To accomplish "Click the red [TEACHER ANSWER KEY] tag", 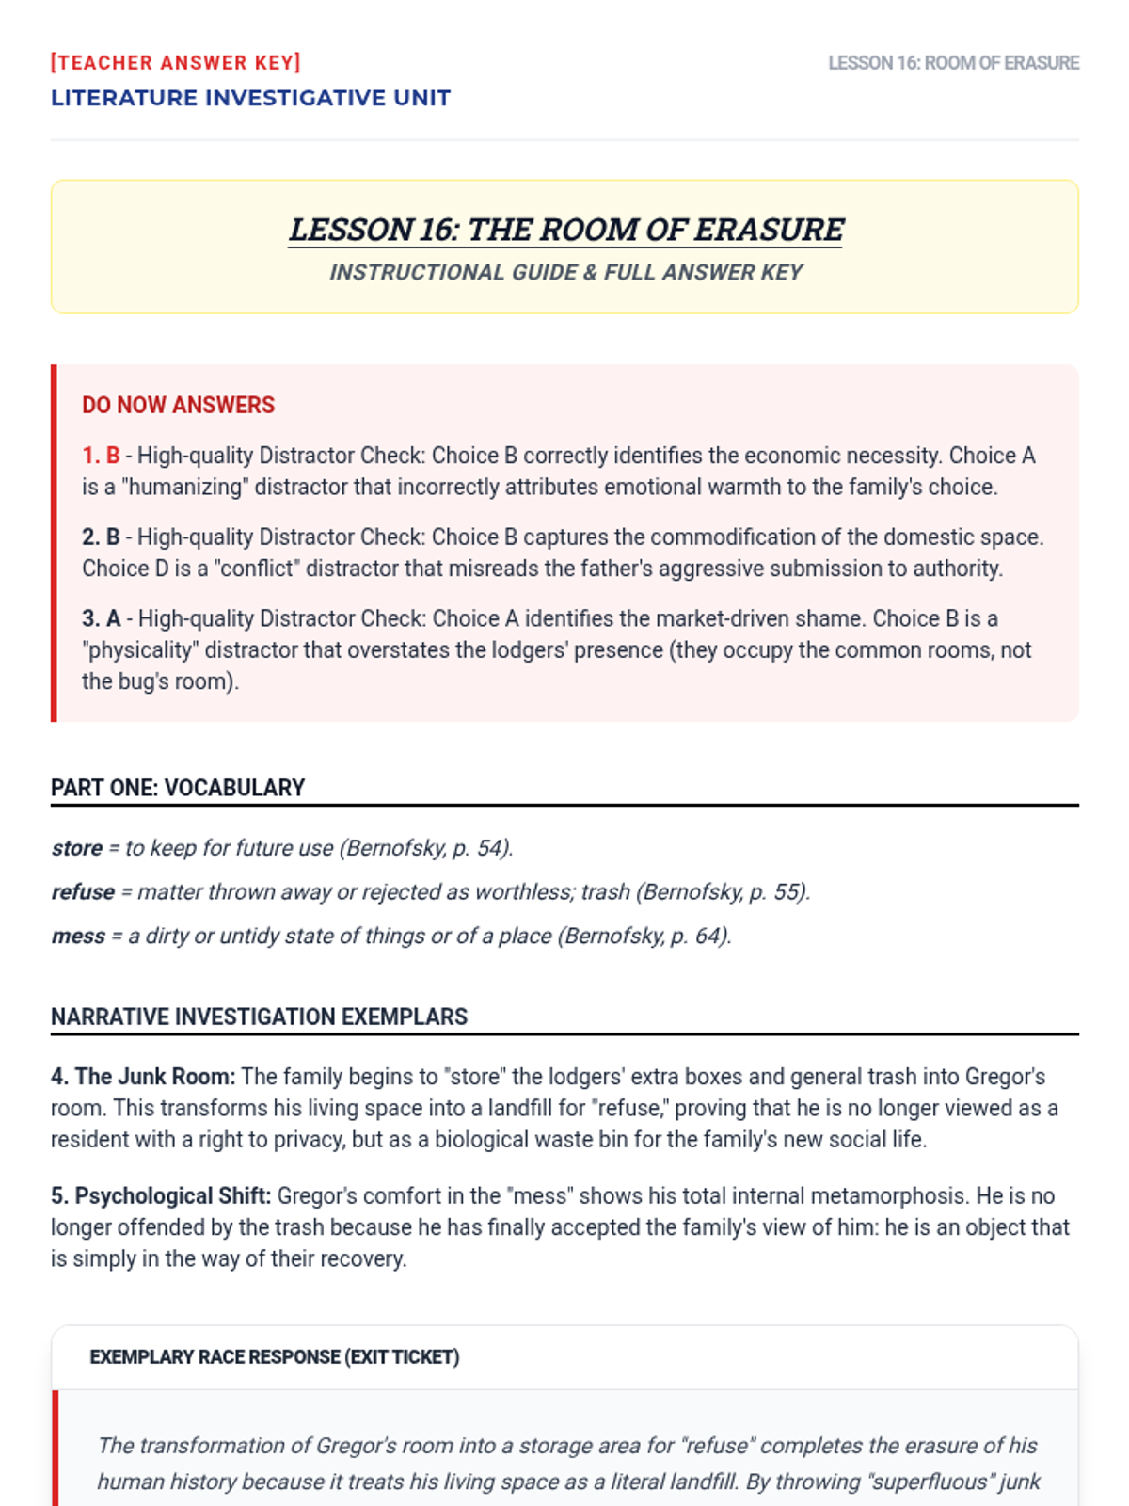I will click(x=176, y=63).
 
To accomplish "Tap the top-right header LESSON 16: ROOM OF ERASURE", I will click(x=953, y=63).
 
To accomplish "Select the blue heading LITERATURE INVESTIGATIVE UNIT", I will click(x=250, y=98).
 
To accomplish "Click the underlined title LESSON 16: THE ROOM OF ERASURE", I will click(x=565, y=230).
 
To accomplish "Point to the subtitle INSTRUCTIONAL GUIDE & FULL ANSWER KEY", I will click(x=565, y=273).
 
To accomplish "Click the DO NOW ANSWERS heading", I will click(x=178, y=406).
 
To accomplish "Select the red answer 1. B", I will click(x=101, y=456).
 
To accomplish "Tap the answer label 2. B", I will click(x=101, y=537).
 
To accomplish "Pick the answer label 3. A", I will click(x=101, y=619).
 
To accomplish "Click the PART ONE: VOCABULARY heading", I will click(x=178, y=788).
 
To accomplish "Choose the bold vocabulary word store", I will click(x=76, y=848).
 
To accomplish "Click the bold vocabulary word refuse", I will click(x=83, y=892).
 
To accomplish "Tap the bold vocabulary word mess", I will click(x=78, y=937).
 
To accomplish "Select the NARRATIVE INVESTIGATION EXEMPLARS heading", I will click(x=259, y=1017).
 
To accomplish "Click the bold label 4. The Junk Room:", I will click(x=143, y=1077).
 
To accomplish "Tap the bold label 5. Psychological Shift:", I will click(x=161, y=1196).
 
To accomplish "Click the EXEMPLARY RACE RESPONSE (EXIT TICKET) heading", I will click(x=275, y=1357).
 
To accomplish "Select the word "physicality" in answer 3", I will click(x=139, y=650).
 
